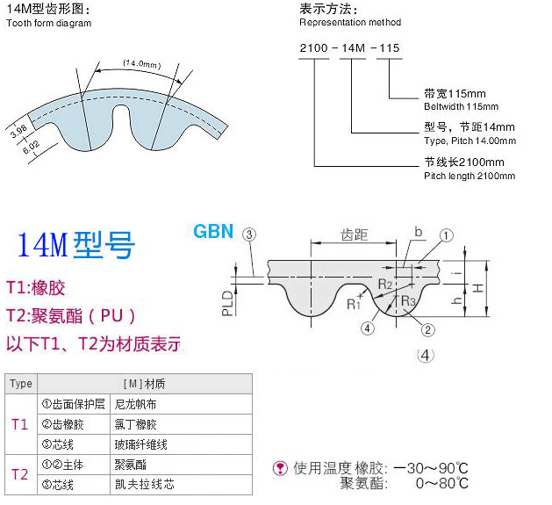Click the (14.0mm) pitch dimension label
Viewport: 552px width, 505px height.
pos(142,64)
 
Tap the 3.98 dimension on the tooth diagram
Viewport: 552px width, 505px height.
pos(18,131)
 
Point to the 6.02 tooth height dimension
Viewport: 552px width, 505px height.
pos(31,148)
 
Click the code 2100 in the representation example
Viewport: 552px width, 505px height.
pos(313,48)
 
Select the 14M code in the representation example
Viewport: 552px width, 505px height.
pos(353,48)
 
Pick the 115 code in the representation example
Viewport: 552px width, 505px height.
pos(390,48)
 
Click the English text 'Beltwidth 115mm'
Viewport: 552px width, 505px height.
pos(462,106)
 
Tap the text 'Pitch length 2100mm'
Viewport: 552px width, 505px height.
pos(470,176)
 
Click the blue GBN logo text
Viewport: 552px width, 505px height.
pos(213,232)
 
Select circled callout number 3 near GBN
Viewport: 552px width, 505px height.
pos(249,234)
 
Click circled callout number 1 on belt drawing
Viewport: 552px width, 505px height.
pos(447,235)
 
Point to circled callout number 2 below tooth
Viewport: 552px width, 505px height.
pos(427,330)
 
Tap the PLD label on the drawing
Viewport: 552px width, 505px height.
pos(228,303)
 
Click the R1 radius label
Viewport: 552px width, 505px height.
pos(354,304)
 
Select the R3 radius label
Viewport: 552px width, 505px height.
pos(408,301)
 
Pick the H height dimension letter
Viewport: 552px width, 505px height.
pos(477,289)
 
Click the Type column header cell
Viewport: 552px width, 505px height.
pos(21,384)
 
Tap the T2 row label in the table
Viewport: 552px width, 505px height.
pos(19,474)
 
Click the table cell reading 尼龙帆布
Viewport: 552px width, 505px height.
pos(135,404)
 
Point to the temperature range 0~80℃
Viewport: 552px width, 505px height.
pos(442,483)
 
